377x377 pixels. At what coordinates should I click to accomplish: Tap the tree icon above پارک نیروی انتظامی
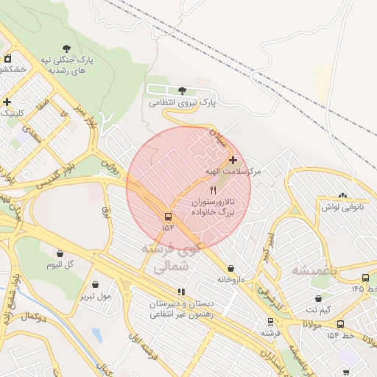pyautogui.click(x=182, y=91)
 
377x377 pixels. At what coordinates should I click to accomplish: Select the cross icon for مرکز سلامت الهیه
pyautogui.click(x=233, y=160)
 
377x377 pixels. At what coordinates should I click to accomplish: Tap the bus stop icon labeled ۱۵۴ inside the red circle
pyautogui.click(x=169, y=217)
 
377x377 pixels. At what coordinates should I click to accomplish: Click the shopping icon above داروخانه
pyautogui.click(x=232, y=269)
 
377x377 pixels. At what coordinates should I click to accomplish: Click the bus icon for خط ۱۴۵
pyautogui.click(x=366, y=278)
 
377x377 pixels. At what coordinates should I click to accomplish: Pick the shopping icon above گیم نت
pyautogui.click(x=318, y=299)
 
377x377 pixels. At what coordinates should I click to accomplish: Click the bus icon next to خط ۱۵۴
pyautogui.click(x=340, y=324)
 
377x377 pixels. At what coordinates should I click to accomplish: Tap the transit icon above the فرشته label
pyautogui.click(x=270, y=322)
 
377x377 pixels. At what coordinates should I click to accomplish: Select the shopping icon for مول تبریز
pyautogui.click(x=96, y=284)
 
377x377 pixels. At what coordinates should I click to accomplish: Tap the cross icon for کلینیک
pyautogui.click(x=7, y=102)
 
